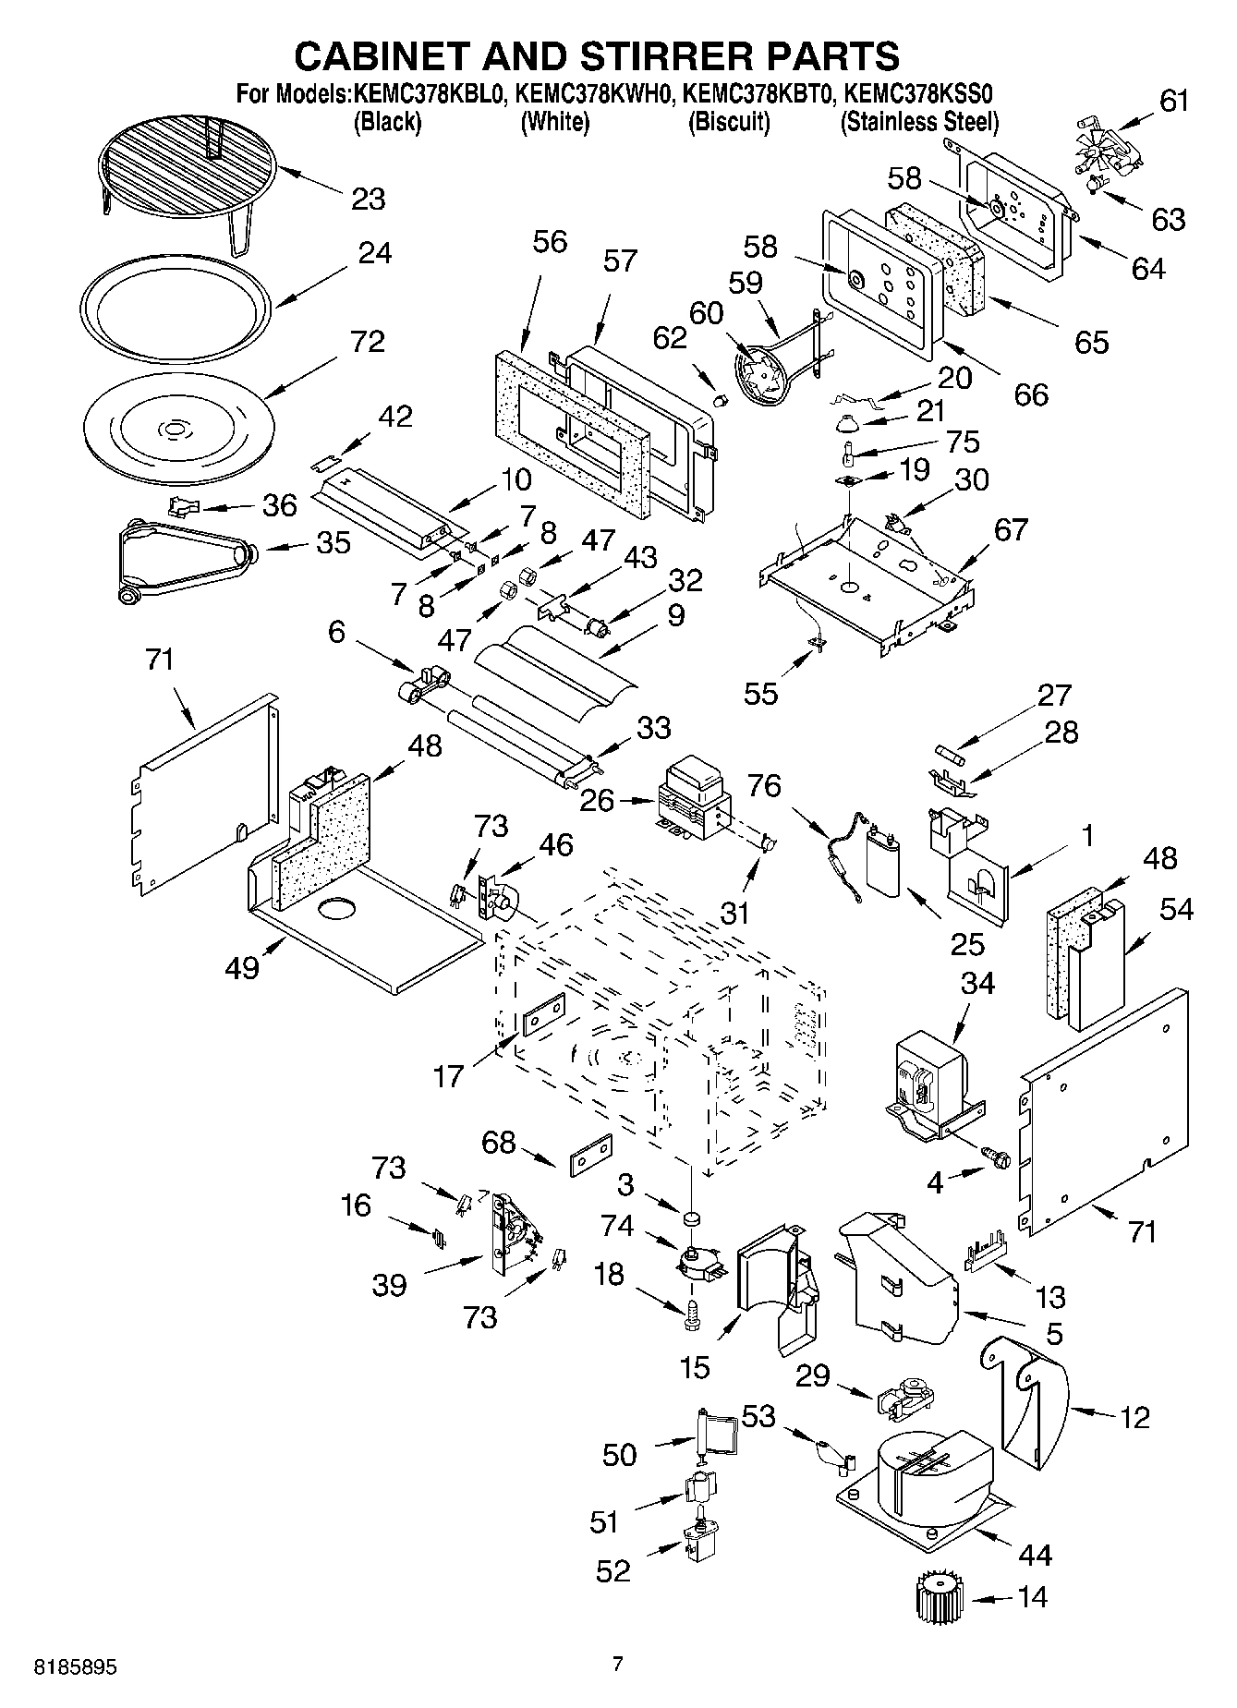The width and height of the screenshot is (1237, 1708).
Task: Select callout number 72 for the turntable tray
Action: tap(367, 342)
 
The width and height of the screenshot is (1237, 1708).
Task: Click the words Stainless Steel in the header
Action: tap(919, 122)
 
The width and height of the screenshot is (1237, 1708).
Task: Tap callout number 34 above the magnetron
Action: tap(977, 984)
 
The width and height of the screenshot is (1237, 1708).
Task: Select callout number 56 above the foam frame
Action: tap(550, 242)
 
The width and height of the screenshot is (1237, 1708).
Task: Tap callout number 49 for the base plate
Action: tap(242, 968)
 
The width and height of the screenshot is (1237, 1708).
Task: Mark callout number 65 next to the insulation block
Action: tap(1091, 342)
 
